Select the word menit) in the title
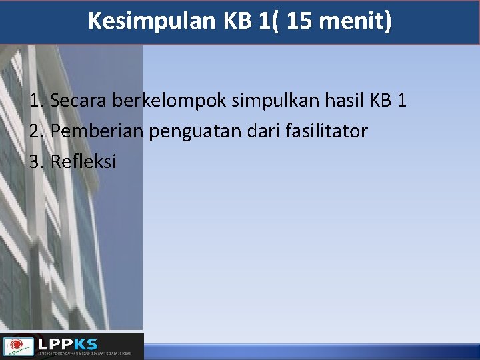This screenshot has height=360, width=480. [355, 22]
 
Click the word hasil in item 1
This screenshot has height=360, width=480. [344, 101]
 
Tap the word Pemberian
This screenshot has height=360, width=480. [97, 131]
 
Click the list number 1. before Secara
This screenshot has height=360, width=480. [37, 101]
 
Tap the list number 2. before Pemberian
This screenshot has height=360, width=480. [37, 131]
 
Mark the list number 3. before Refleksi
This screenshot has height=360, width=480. [37, 161]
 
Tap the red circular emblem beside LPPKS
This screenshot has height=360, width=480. [19, 346]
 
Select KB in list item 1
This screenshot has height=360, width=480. [381, 101]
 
